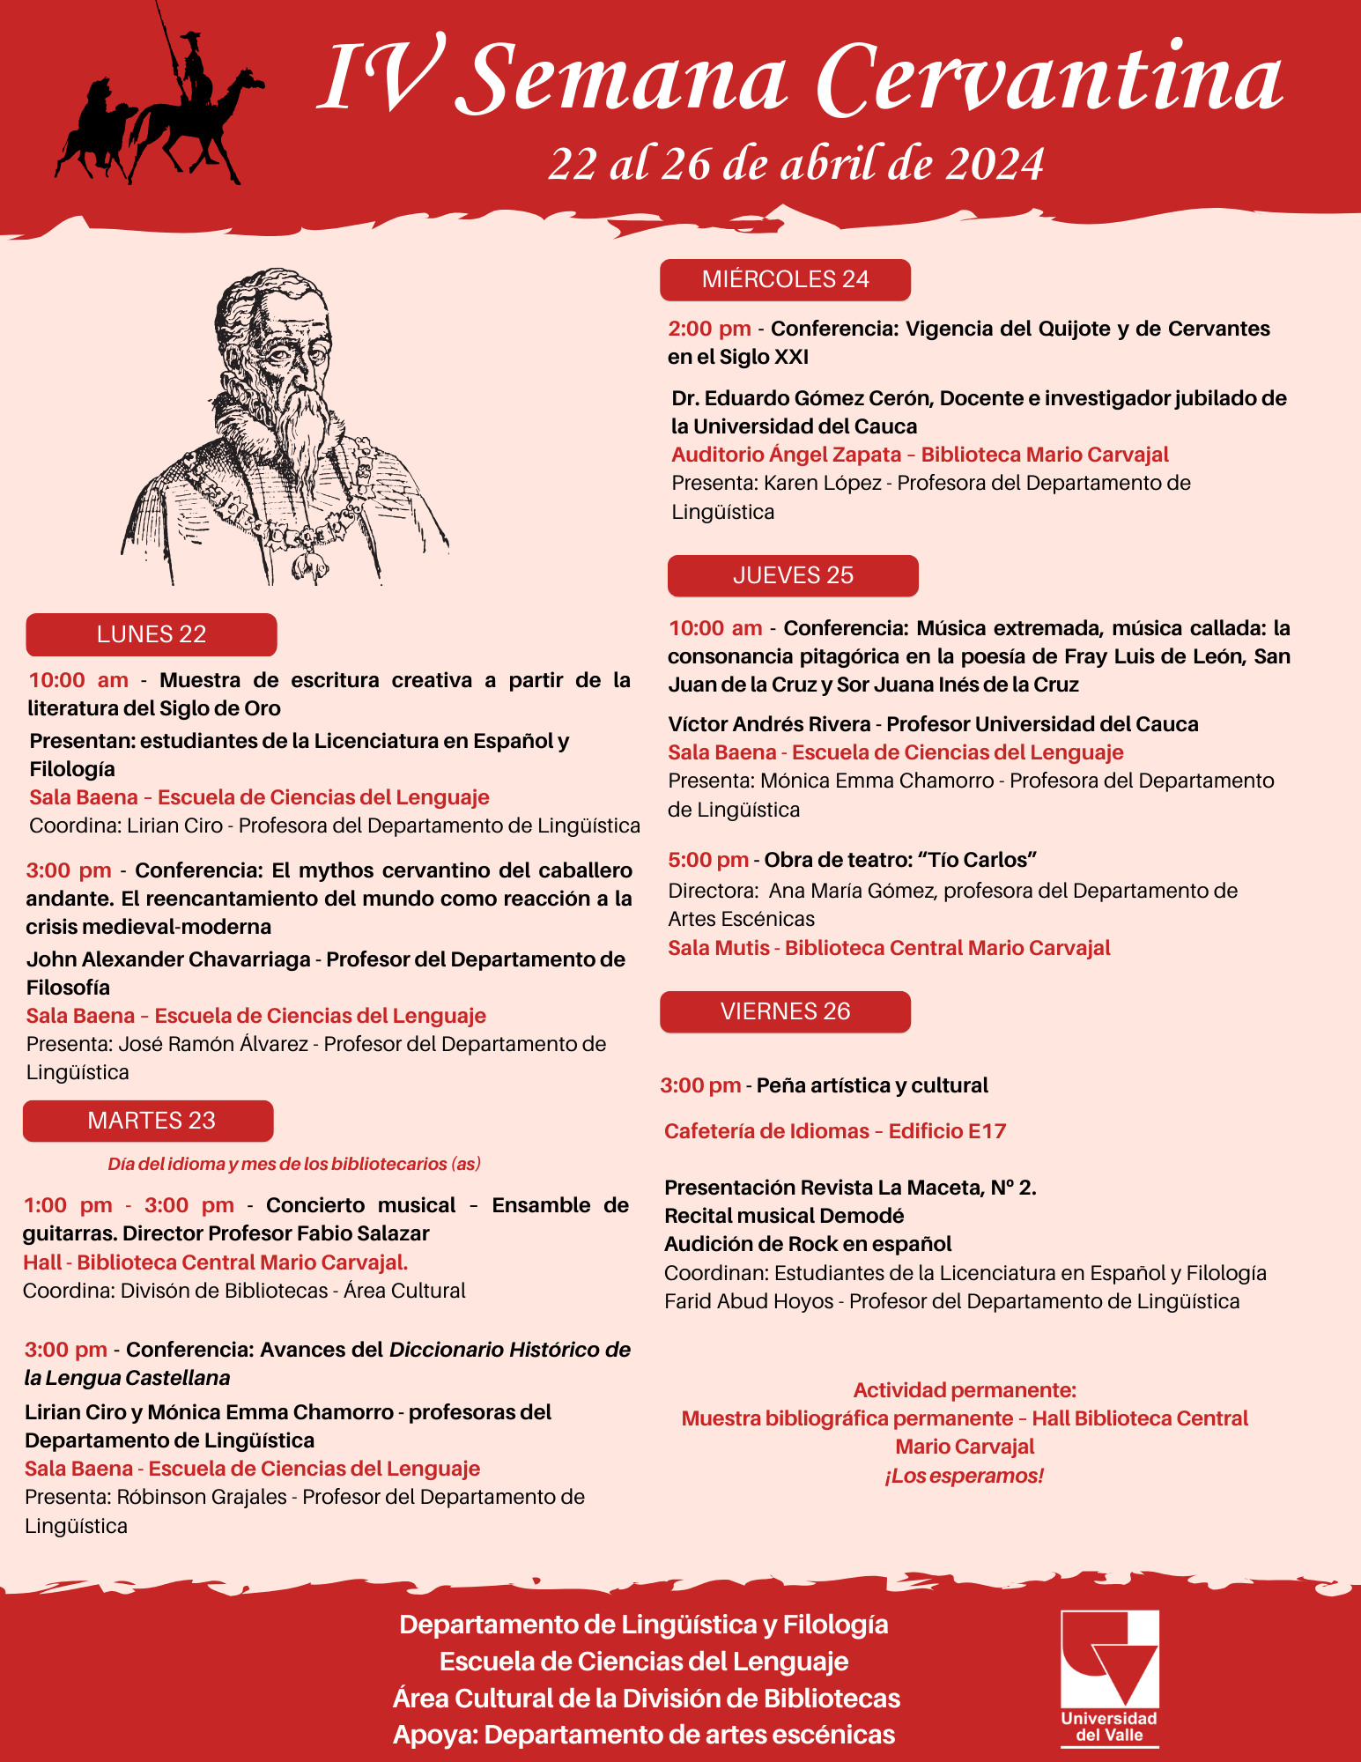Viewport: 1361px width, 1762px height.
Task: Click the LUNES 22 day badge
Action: [152, 634]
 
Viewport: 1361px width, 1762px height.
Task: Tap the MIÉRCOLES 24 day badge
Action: [785, 279]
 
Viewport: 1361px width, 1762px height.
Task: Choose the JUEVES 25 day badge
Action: [793, 575]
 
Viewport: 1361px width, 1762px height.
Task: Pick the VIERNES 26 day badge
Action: [785, 1011]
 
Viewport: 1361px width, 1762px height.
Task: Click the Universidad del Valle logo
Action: [1109, 1677]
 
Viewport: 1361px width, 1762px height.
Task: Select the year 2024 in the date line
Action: [995, 165]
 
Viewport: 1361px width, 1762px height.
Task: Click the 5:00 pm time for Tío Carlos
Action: [708, 860]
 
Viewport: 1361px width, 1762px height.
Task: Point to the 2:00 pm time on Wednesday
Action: [709, 329]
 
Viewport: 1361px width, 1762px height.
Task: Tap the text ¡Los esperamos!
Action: [964, 1476]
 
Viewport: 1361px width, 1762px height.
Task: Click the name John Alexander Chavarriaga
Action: [168, 959]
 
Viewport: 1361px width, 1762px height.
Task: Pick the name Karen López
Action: [823, 483]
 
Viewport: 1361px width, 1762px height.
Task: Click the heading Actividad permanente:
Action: [965, 1390]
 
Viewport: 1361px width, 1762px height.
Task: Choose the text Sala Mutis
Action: [717, 948]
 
